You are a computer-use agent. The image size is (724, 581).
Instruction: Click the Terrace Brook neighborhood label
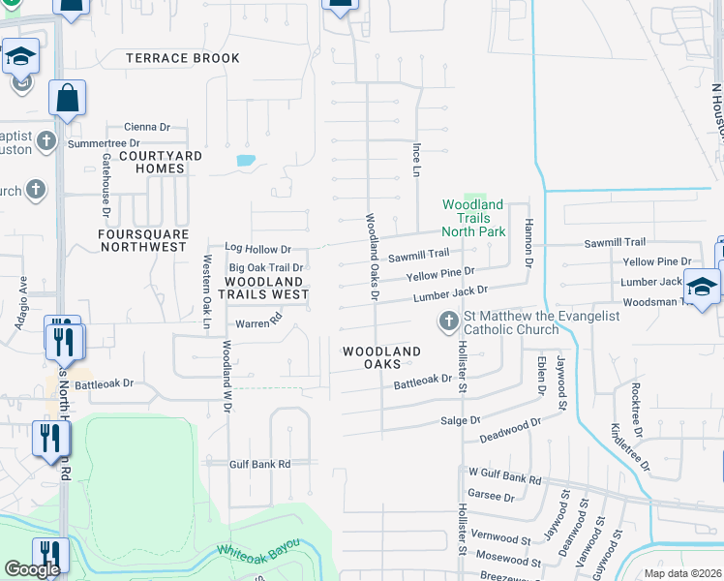[x=183, y=59]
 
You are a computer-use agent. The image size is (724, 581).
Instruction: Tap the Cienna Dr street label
[x=146, y=127]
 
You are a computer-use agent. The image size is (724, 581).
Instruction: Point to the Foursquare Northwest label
[x=143, y=240]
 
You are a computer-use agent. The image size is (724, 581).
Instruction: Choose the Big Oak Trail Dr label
[x=265, y=267]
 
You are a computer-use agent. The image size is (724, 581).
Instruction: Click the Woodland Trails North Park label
[x=473, y=218]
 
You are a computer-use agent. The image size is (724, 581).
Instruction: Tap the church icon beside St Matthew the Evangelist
[x=448, y=321]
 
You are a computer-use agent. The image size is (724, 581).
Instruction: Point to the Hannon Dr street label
[x=529, y=242]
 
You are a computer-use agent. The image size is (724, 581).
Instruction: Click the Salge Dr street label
[x=460, y=421]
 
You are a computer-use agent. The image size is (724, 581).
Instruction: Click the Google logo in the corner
[x=32, y=569]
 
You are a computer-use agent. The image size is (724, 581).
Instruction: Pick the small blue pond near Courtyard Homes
[x=246, y=160]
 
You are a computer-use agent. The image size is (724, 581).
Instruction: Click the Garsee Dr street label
[x=491, y=497]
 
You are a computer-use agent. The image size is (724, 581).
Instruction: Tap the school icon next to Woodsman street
[x=702, y=287]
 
